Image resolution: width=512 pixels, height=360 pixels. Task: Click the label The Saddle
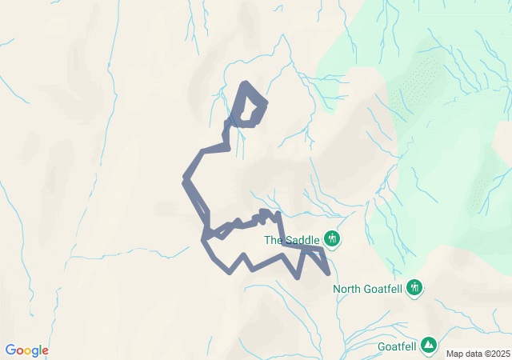(x=292, y=239)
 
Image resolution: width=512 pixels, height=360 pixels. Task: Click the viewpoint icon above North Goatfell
(x=414, y=286)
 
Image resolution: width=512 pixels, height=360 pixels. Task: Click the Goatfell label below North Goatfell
(x=397, y=347)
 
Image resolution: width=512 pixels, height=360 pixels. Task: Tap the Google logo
(x=26, y=350)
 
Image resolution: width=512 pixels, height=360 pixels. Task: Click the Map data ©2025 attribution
(x=477, y=354)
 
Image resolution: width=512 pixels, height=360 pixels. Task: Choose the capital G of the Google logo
(x=10, y=350)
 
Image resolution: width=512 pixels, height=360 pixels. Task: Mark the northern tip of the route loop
(x=245, y=83)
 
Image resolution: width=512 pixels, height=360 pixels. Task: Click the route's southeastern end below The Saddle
(x=328, y=274)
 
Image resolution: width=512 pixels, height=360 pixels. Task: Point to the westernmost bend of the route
(x=186, y=178)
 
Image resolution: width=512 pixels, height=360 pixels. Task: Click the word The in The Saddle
(x=274, y=239)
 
